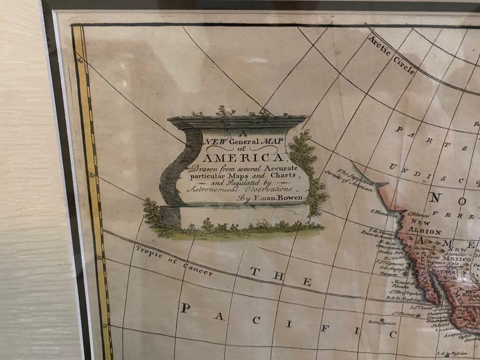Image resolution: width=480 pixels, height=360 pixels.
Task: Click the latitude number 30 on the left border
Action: coord(92,176)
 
